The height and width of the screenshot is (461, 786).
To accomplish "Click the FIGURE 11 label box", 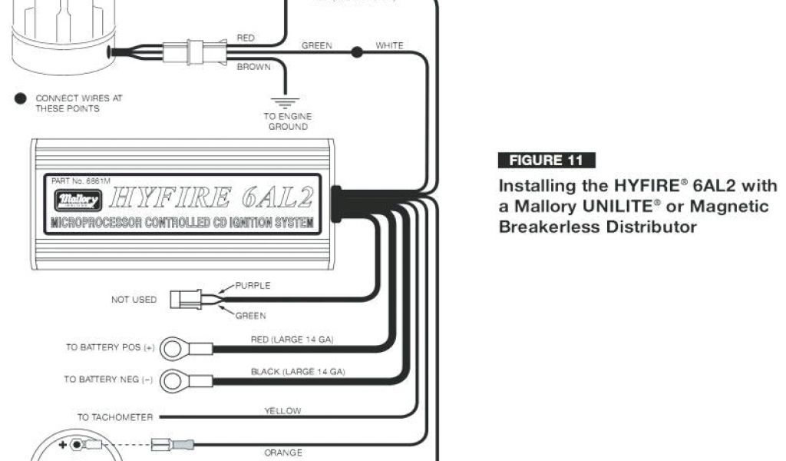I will [547, 161].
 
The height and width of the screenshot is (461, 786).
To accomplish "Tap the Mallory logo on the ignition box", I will [78, 199].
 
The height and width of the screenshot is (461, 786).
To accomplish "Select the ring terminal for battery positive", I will [173, 348].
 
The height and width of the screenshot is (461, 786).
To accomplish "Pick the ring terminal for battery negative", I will [173, 380].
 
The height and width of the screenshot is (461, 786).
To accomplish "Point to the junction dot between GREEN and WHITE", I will [356, 52].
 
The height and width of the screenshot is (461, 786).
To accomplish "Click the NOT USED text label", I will [134, 300].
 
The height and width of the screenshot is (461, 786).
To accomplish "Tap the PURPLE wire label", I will [253, 285].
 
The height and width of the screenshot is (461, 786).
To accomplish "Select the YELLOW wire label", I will [282, 411].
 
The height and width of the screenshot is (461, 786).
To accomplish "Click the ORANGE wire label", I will [282, 453].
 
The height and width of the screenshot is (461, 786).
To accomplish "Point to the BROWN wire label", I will [253, 68].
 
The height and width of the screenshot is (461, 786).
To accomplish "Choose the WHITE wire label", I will [389, 46].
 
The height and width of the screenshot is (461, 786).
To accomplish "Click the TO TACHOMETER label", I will [115, 417].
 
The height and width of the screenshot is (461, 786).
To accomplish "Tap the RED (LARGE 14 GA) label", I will [292, 339].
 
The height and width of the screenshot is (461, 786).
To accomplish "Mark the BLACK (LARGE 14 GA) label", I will [298, 371].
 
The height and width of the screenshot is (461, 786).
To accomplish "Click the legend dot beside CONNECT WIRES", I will [20, 98].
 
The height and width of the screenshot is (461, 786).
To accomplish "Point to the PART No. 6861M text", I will [81, 181].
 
